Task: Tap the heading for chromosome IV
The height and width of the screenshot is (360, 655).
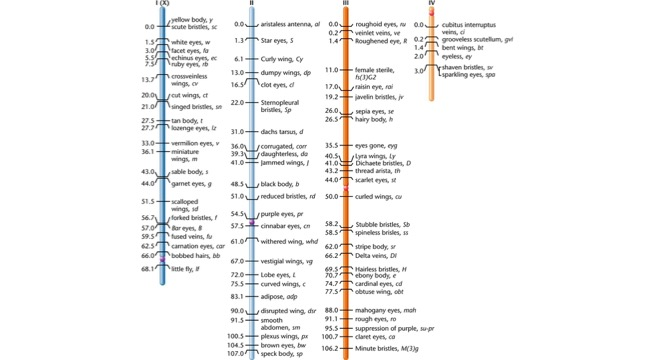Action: tap(432, 4)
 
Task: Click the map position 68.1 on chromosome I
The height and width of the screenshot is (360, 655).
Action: tap(147, 268)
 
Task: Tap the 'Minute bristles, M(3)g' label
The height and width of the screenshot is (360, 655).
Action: tap(390, 348)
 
